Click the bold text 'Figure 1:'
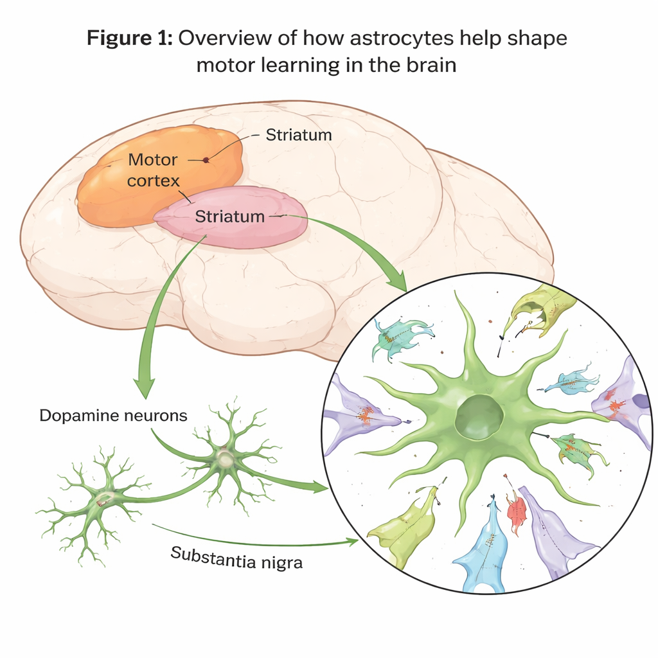pos(129,39)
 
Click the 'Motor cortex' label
pos(153,169)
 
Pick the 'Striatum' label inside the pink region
pos(229,217)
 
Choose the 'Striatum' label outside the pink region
pos(299,135)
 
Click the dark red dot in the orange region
pos(206,160)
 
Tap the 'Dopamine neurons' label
pos(113,415)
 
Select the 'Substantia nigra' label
pos(236,557)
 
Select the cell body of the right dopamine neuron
pos(225,458)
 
